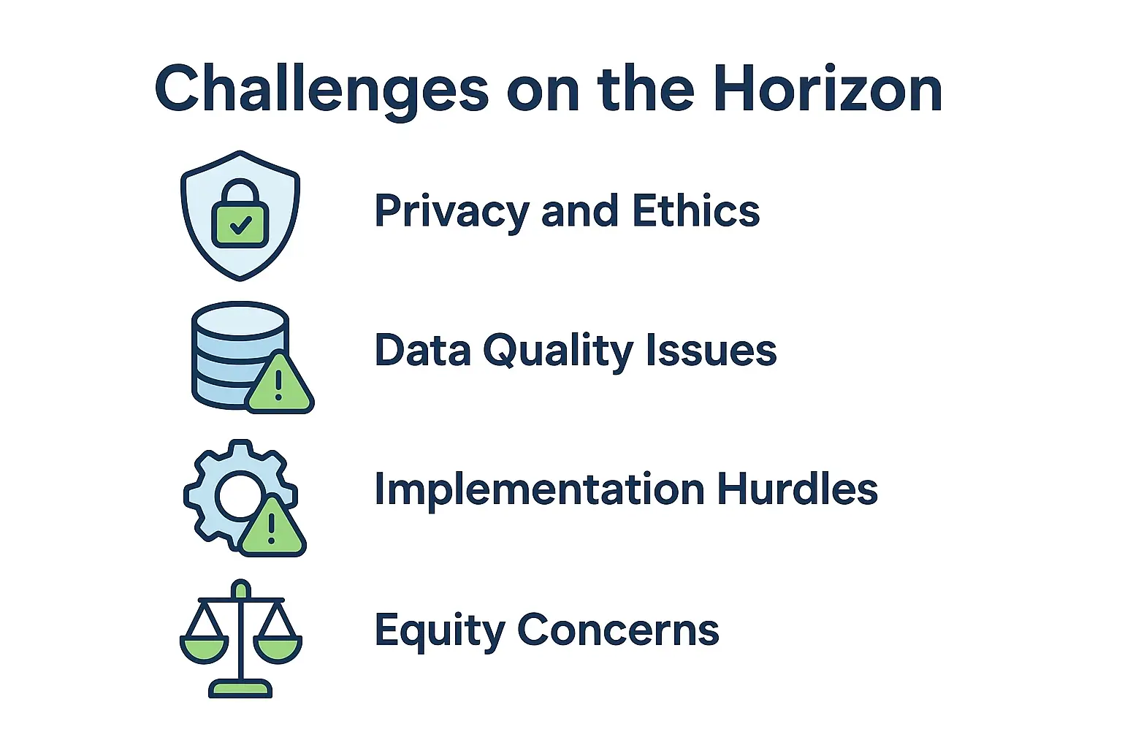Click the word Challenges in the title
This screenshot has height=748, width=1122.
click(x=321, y=89)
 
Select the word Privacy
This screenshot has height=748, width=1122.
click(x=451, y=212)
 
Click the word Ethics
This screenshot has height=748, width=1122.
click(x=695, y=211)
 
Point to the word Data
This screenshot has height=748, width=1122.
click(x=422, y=350)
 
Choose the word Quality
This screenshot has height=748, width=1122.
click(x=558, y=351)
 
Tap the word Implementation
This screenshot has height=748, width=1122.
click(x=539, y=489)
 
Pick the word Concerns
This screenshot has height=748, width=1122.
click(x=618, y=629)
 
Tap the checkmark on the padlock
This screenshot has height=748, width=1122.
click(x=240, y=226)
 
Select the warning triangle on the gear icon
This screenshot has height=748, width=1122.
click(x=272, y=527)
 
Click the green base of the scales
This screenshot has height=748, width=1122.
click(x=240, y=689)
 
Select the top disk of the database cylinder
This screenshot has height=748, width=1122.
click(x=240, y=319)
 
